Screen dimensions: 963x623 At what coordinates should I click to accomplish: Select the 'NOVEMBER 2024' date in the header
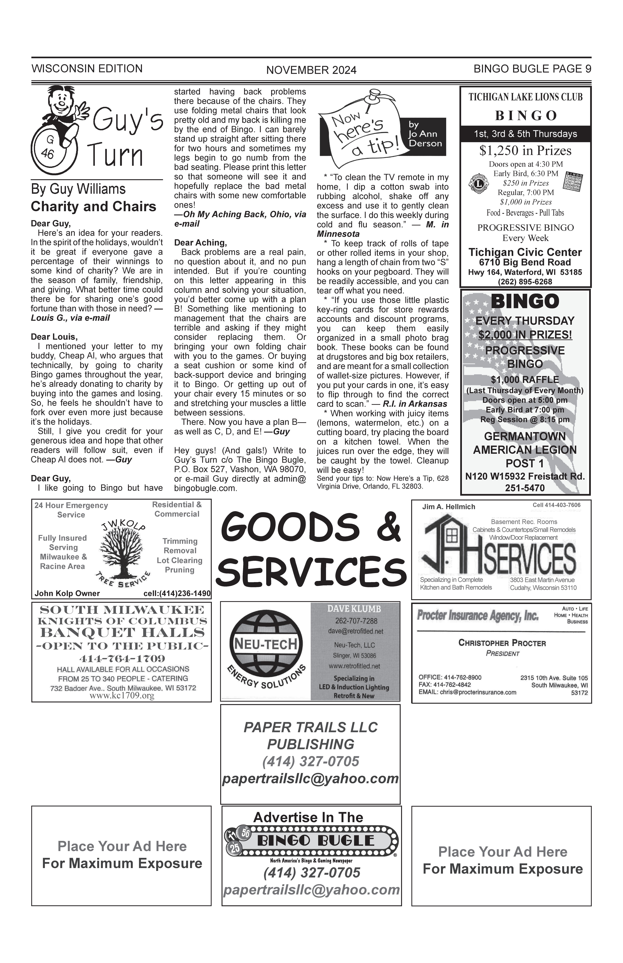point(311,70)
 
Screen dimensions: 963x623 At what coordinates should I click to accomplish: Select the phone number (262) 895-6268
point(525,282)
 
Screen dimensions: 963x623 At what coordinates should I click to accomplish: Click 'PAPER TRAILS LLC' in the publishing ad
point(310,727)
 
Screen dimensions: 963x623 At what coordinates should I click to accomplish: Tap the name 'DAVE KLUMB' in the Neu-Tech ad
point(354,609)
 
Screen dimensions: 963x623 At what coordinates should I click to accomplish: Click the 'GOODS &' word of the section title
point(310,526)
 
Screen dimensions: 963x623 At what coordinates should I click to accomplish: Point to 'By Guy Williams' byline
point(78,189)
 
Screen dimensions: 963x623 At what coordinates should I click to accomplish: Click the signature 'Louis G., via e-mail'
point(70,318)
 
